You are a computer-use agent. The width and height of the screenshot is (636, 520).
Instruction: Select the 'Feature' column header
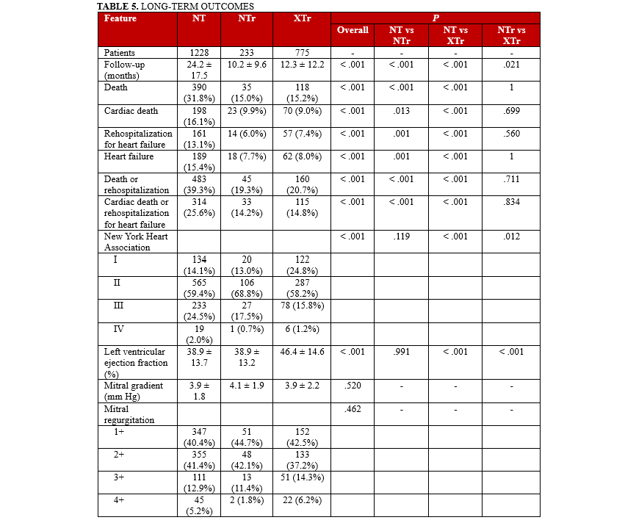(120, 18)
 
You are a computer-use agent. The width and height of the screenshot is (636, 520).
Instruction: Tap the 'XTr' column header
(283, 18)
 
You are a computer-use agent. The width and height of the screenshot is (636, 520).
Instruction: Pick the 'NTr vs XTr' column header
(512, 35)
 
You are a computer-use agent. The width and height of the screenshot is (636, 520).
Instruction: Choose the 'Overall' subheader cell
(353, 30)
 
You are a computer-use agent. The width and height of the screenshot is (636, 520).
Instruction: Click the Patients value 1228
(199, 53)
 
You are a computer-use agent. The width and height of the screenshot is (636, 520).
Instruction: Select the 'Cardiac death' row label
(126, 110)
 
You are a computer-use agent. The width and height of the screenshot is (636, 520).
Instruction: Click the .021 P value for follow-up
(512, 64)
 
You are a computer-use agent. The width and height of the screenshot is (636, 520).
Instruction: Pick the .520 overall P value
(353, 385)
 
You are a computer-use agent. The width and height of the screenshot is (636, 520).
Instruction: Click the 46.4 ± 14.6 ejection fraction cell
(301, 353)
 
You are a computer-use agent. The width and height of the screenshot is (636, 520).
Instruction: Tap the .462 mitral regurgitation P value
(353, 408)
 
